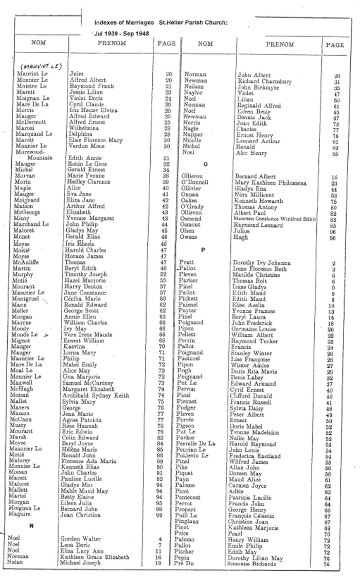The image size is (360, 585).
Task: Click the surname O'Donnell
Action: (195, 183)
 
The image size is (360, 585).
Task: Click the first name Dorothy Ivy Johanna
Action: (261, 262)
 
